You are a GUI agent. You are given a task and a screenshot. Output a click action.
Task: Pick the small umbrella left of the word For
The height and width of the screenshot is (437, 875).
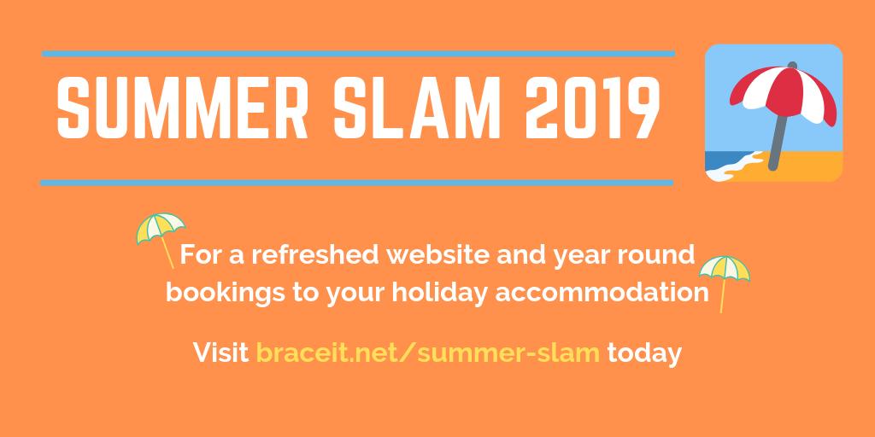(160, 231)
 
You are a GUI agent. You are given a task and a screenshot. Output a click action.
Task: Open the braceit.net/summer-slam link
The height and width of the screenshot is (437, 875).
(427, 351)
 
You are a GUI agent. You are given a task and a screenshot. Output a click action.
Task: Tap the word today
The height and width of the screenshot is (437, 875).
(643, 351)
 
